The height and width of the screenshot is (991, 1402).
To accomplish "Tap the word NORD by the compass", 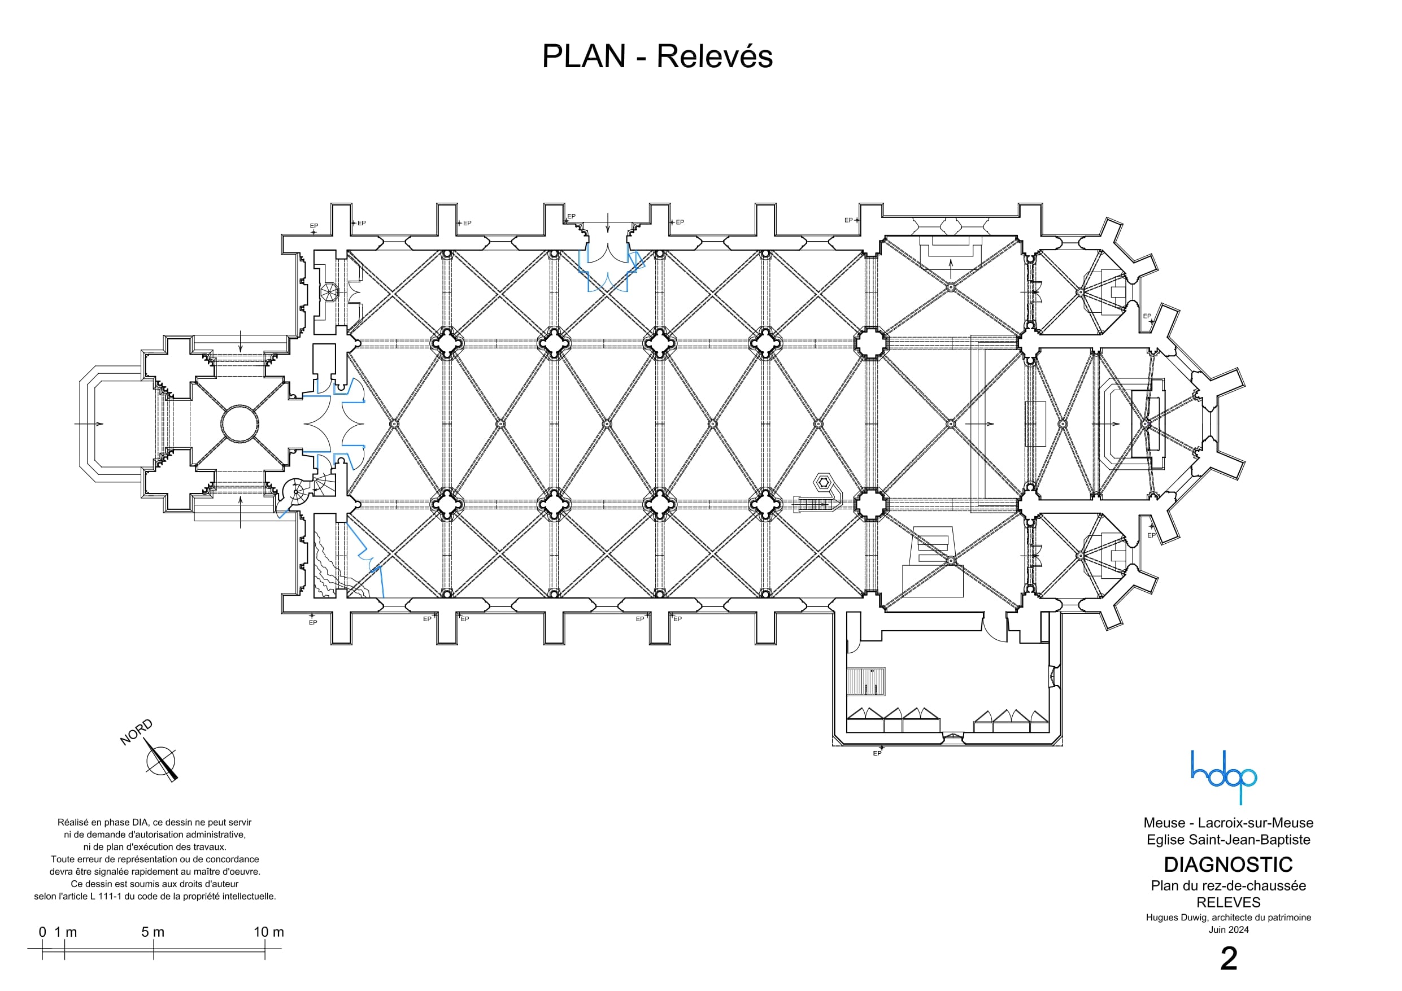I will pos(136,733).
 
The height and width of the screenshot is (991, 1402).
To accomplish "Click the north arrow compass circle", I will pos(160,762).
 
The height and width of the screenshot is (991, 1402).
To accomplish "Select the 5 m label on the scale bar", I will pos(153,932).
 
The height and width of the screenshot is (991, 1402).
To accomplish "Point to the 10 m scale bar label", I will pos(269,932).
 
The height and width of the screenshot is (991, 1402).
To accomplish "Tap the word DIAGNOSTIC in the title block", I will pos(1228,865).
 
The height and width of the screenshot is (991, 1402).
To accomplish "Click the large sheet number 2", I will pos(1229,959).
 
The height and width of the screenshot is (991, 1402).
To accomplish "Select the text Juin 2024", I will pos(1229,930).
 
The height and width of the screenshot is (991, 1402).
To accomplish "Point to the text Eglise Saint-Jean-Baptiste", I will pos(1228,840).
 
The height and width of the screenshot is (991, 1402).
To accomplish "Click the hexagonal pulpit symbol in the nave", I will pos(824,483).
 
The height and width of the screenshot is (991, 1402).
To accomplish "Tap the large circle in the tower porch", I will pos(240,423).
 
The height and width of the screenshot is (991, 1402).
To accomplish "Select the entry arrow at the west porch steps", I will pos(89,423).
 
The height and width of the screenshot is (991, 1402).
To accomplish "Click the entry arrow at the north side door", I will pos(608,222).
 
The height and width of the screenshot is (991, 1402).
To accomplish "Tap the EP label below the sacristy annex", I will pos(877,753).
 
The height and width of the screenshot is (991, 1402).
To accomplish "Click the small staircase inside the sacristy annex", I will pos(865,682).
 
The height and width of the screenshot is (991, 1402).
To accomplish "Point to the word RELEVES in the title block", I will pos(1228,902).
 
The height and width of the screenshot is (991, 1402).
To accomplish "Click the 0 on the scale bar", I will pos(42,932).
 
